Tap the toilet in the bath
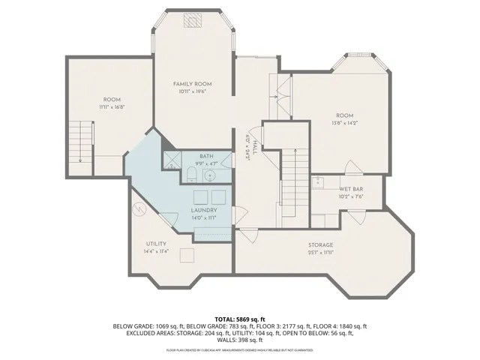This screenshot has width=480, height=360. (191, 175)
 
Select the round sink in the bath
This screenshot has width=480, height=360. (211, 175)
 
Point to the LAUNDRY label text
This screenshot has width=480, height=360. (204, 211)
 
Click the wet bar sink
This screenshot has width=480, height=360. (317, 181)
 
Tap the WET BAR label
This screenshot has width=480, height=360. (351, 189)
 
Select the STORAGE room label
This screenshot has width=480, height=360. (320, 245)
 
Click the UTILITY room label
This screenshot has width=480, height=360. (156, 244)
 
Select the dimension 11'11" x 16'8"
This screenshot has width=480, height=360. (112, 107)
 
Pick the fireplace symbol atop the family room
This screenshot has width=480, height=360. (193, 19)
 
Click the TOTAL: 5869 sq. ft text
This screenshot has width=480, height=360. (240, 319)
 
